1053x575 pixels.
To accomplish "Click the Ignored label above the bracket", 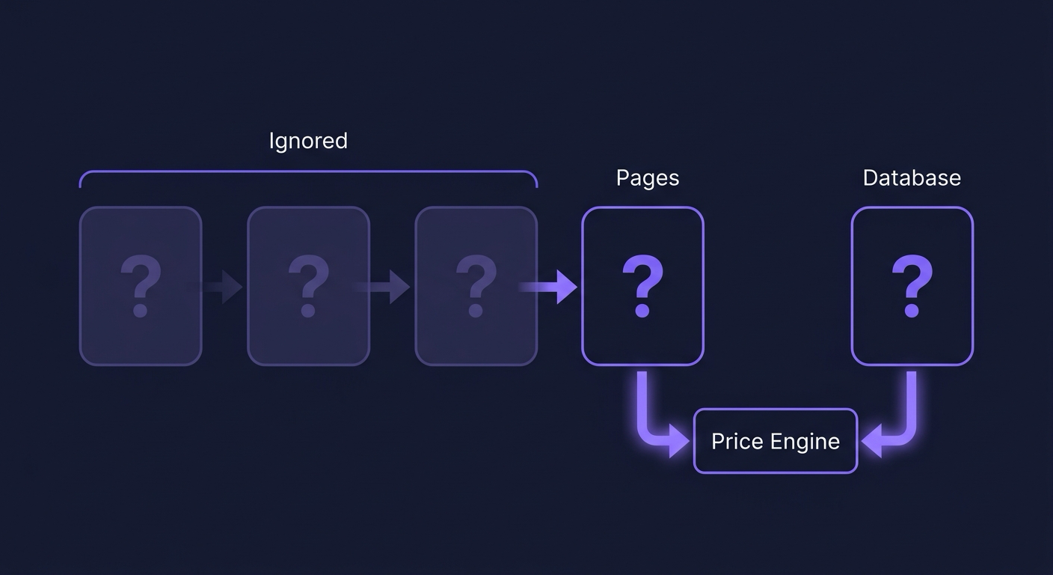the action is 308,142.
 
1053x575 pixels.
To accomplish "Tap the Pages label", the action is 648,178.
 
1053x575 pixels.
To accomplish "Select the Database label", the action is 912,178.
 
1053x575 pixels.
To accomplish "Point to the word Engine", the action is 805,442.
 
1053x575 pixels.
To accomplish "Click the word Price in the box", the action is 737,442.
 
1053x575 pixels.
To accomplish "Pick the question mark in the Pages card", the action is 642,285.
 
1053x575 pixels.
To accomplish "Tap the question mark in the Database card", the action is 912,285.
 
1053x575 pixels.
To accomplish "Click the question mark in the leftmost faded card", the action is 141,285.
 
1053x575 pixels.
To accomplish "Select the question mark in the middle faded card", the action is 308,285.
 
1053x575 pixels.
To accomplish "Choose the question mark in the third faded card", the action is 476,285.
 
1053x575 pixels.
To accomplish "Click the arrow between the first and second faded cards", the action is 215,287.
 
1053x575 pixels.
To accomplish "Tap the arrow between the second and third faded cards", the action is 383,287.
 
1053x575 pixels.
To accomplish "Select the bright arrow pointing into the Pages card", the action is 549,287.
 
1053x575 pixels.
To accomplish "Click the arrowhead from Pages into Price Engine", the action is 679,441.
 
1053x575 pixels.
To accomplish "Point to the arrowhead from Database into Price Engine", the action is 872,441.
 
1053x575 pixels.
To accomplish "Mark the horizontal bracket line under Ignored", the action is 308,171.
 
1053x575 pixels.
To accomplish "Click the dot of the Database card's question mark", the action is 912,310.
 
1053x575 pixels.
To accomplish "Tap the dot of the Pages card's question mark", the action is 642,310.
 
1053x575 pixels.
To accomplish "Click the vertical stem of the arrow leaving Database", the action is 911,400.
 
